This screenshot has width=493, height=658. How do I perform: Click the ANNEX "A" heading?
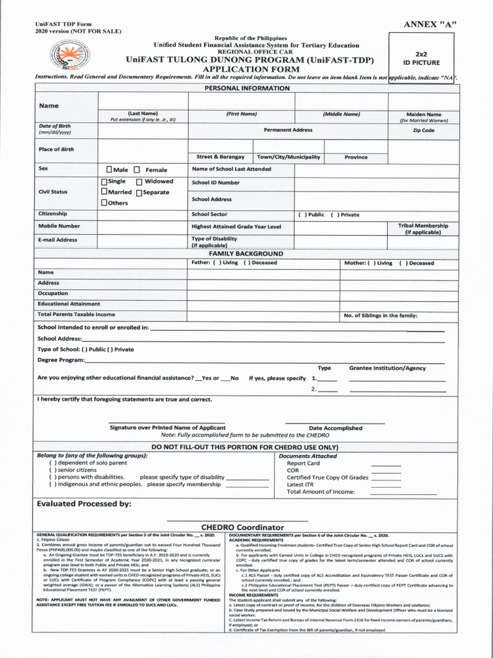tap(429, 24)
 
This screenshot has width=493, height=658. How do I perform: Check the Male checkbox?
tap(109, 170)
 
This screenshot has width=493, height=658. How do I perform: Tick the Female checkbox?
tap(137, 170)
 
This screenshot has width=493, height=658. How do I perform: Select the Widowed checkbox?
tap(139, 182)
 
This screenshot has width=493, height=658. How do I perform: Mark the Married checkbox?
tap(104, 192)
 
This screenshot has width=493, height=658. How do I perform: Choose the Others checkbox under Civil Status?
tap(104, 202)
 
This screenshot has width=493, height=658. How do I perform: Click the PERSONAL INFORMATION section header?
tap(246, 88)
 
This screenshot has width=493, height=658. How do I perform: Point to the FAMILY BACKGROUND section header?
tap(246, 254)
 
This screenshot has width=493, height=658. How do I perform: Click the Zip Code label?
tap(424, 130)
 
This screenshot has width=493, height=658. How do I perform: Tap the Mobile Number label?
tap(59, 226)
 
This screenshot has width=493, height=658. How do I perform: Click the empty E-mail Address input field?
tap(142, 240)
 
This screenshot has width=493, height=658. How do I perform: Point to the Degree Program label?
tap(61, 360)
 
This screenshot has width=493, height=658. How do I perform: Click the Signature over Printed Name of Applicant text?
tap(168, 427)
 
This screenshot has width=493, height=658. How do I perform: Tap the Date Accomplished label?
tap(335, 428)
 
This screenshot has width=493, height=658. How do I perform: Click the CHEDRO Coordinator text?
tap(243, 528)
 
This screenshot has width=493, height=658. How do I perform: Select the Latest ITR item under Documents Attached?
tap(300, 485)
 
